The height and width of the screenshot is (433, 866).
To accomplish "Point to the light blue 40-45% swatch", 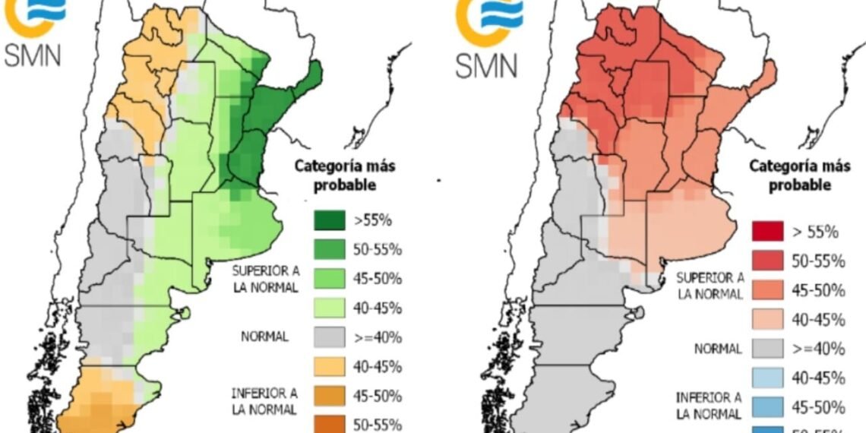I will click(x=768, y=378).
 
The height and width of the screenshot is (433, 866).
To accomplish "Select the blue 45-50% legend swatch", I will click(x=768, y=406).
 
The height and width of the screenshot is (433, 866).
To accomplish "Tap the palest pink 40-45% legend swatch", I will click(x=768, y=319).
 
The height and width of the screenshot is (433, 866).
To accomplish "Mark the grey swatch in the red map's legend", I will click(x=768, y=348).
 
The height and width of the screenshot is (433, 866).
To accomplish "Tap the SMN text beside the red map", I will click(x=486, y=65).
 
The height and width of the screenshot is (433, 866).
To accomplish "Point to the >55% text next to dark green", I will click(x=373, y=221).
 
